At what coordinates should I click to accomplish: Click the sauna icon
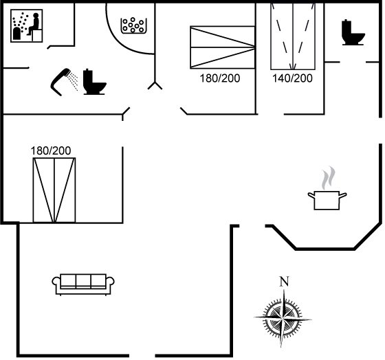(x=27, y=26)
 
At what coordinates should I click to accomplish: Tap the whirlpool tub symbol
(x=134, y=25)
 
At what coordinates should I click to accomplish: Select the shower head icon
(x=60, y=82)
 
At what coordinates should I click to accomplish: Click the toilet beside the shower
(x=95, y=82)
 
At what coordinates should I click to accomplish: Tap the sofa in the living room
(x=83, y=284)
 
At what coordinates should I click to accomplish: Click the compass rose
(x=283, y=318)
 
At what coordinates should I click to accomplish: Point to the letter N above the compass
(x=284, y=282)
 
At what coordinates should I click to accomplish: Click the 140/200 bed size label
(x=292, y=78)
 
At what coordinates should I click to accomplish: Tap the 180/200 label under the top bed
(x=220, y=78)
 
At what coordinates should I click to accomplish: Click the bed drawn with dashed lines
(x=293, y=36)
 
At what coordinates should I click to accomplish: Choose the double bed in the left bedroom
(x=54, y=190)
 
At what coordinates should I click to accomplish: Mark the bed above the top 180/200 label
(x=223, y=47)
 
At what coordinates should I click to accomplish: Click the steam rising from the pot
(x=329, y=178)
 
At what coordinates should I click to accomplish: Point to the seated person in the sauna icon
(x=34, y=24)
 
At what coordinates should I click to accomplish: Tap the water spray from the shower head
(x=73, y=80)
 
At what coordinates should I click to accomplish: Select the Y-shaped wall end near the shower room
(x=155, y=85)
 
